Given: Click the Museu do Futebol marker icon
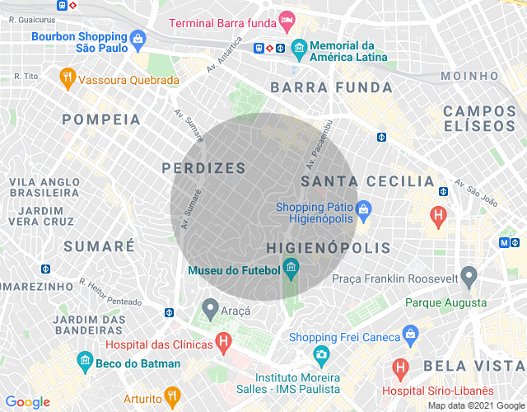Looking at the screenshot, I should [290, 266].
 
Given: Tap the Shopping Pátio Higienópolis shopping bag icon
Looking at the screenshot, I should [364, 208].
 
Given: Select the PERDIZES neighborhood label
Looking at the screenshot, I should [203, 168].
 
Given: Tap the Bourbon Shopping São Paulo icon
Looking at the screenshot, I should [138, 37].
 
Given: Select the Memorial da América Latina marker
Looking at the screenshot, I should [298, 47].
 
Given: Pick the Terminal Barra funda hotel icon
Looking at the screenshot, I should [287, 18].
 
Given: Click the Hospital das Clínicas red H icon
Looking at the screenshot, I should [222, 340].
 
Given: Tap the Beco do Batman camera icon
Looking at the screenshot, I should [84, 360].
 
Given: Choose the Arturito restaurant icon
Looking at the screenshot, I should [171, 396].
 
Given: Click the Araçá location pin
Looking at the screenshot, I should [210, 309].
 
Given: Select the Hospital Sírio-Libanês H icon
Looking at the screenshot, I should [400, 367].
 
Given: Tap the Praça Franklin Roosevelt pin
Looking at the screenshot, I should [469, 275].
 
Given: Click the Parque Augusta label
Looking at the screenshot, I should [445, 303].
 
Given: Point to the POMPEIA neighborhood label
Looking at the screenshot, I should [101, 119].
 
